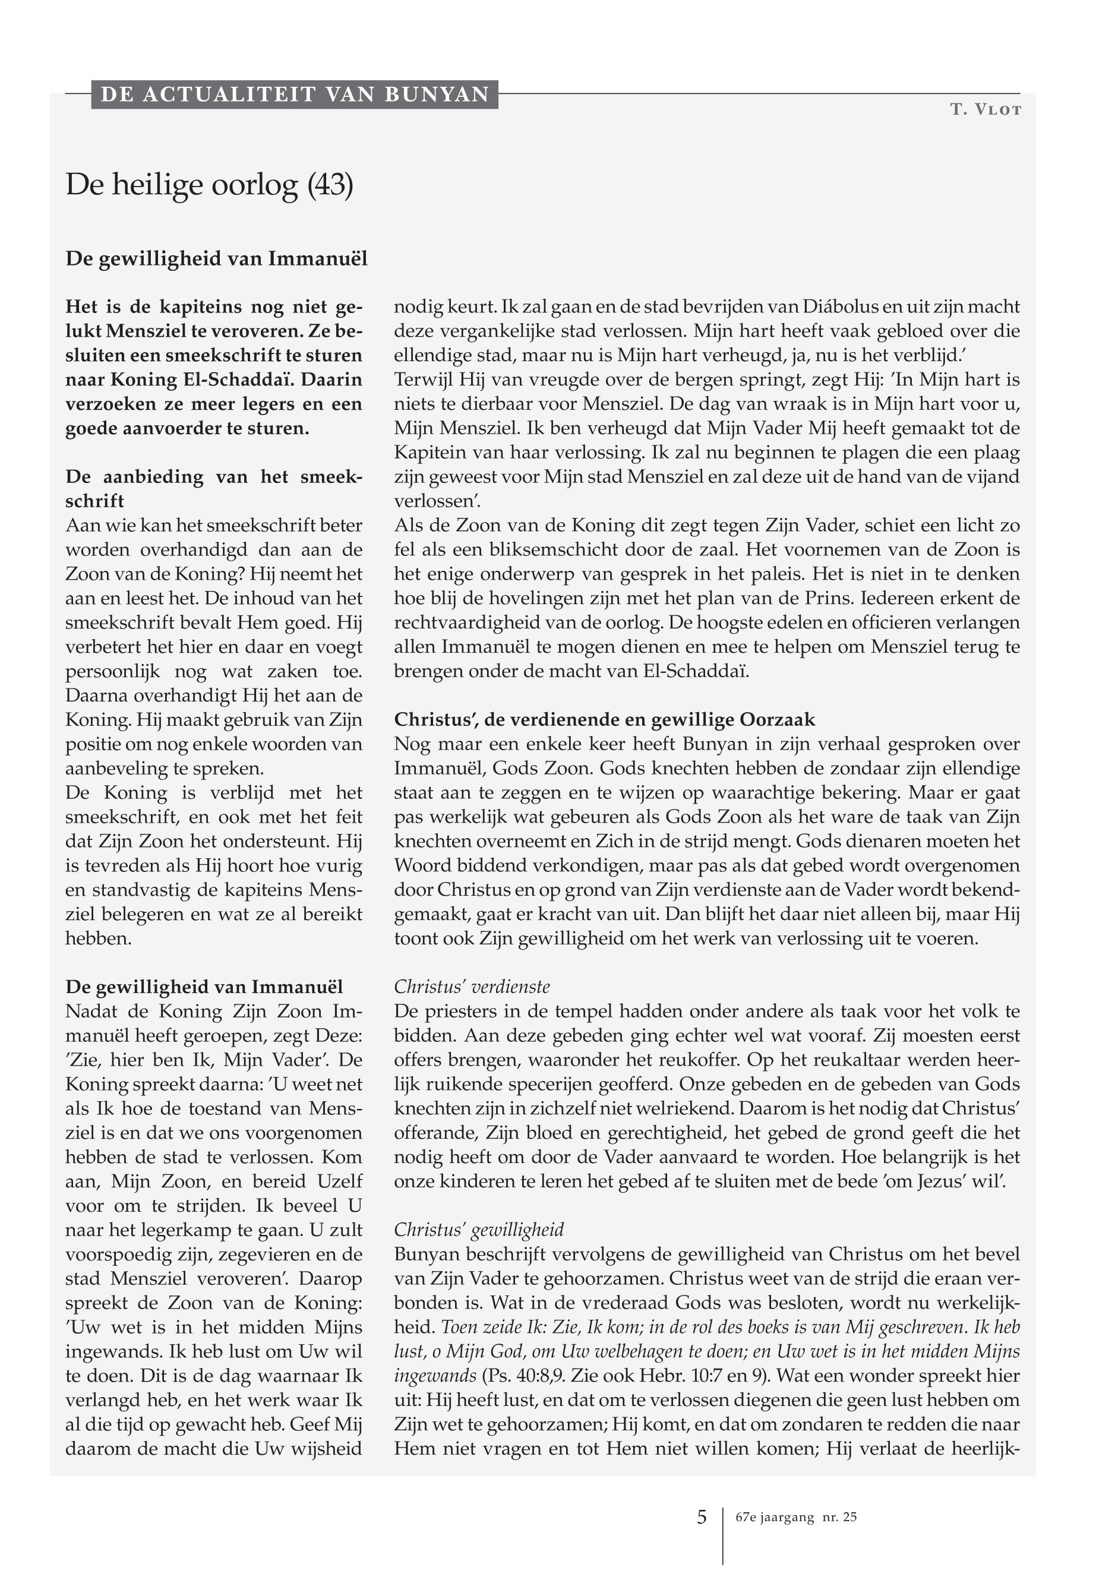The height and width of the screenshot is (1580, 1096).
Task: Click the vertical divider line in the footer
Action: [x=723, y=1535]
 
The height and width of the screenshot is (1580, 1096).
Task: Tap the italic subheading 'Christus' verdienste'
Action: [x=472, y=987]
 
